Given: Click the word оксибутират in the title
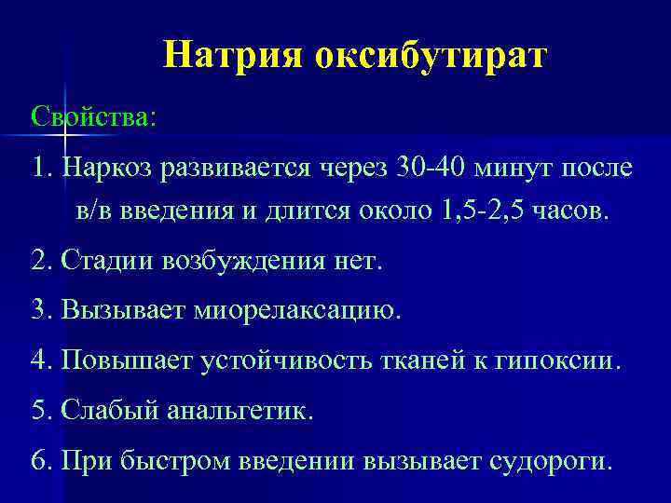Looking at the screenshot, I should (431, 56).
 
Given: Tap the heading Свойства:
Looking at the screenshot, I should (94, 117).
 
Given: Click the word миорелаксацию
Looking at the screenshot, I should (297, 310).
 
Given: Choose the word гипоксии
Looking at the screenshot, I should (562, 360).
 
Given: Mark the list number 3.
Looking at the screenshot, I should (40, 310).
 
